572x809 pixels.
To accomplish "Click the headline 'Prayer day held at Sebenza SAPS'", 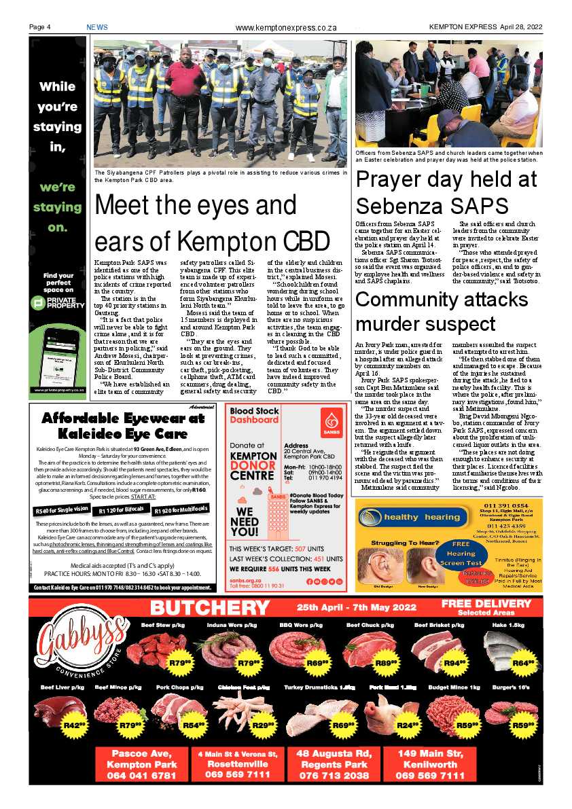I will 446,192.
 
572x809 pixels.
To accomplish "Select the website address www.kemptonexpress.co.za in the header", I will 286,28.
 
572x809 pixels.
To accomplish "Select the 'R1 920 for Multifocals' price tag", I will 181,509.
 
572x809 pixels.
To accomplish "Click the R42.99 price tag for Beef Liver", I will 73,725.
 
